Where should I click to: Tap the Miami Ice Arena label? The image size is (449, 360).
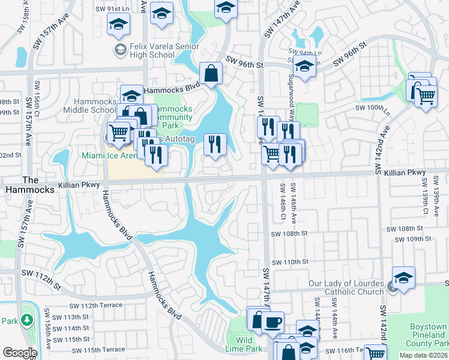(x=108, y=156)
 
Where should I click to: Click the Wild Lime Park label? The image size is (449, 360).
(x=247, y=344)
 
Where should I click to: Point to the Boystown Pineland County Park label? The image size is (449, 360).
(x=427, y=335)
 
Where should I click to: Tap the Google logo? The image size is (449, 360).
(x=20, y=352)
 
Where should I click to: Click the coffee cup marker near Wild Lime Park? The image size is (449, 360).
(x=273, y=321)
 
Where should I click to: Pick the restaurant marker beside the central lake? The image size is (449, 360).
(x=214, y=144)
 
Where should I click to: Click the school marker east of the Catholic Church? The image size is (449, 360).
(x=403, y=278)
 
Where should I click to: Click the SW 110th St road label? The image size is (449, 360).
(x=290, y=262)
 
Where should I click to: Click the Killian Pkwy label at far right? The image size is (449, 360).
(x=408, y=173)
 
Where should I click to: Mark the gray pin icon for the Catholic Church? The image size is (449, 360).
(x=392, y=287)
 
